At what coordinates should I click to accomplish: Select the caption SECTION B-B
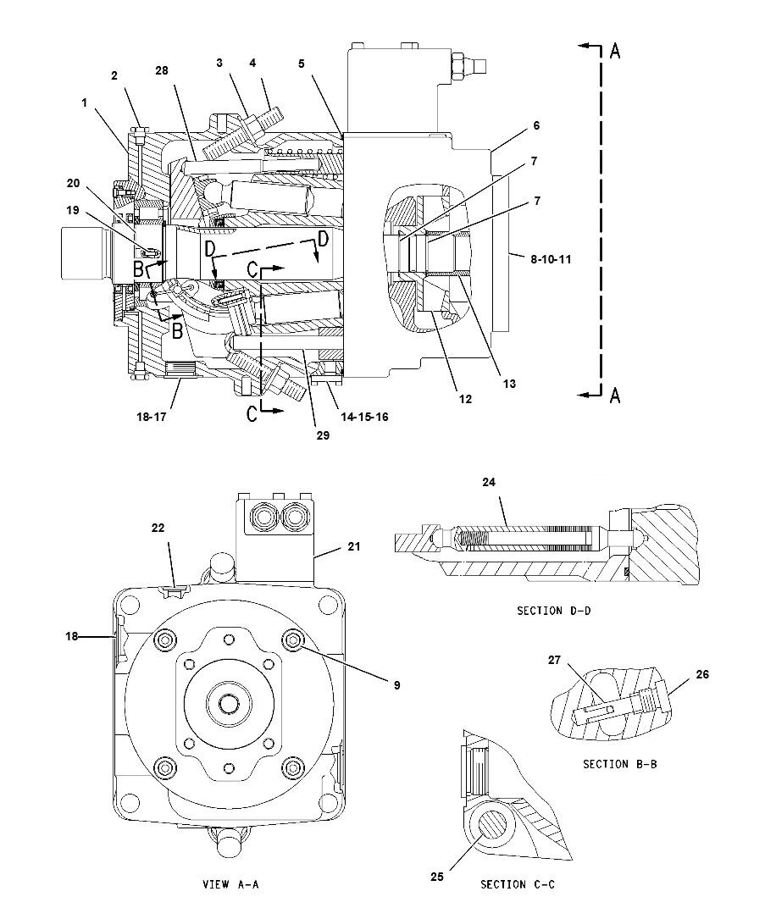[619, 763]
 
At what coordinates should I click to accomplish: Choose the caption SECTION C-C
[517, 884]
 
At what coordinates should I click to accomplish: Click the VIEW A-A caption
[230, 884]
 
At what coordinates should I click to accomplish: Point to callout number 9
[396, 684]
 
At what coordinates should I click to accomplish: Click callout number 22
[158, 527]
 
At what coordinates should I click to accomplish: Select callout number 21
[353, 546]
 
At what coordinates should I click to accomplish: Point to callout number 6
[535, 125]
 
